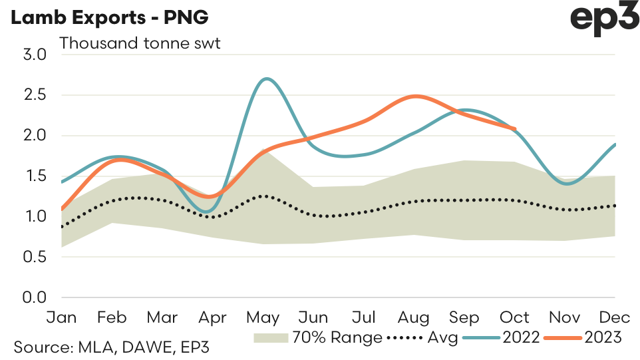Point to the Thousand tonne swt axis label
140,44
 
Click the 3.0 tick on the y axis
33,55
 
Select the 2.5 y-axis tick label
33,95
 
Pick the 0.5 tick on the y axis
33,257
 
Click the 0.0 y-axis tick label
33,297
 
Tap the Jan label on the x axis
61,317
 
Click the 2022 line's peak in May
266,79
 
